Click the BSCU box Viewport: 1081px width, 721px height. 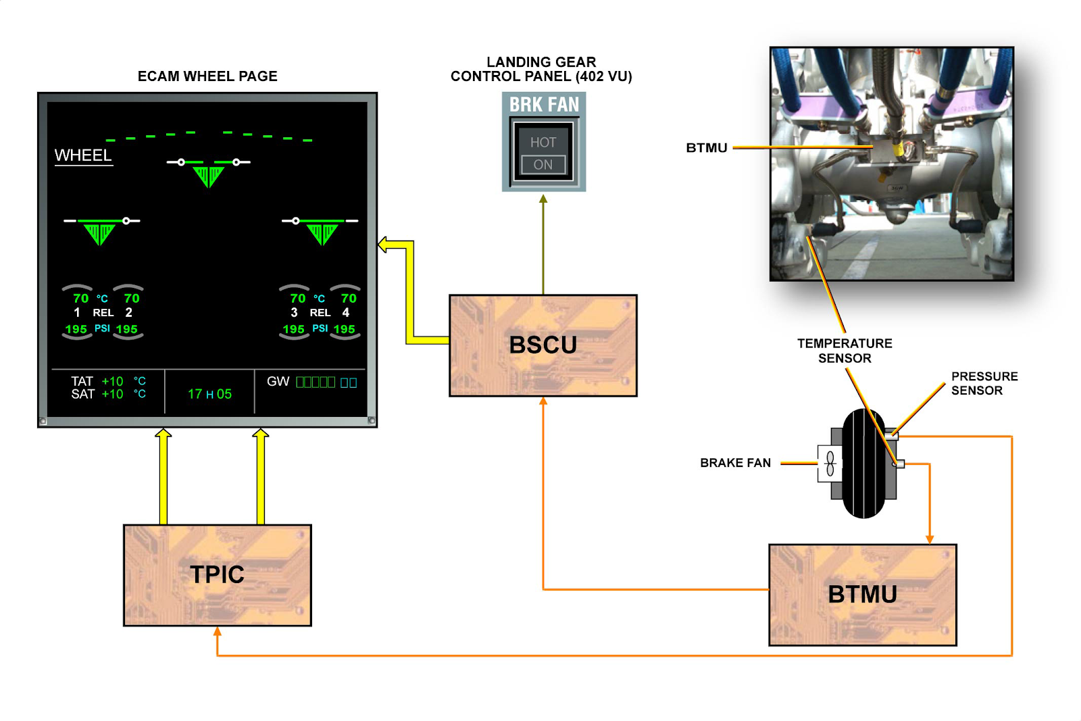543,345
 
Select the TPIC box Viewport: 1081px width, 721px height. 217,575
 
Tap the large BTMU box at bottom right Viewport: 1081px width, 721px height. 862,595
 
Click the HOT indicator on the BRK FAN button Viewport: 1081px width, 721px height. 543,143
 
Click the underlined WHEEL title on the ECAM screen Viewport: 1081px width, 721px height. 84,155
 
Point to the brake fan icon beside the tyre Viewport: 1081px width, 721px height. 830,464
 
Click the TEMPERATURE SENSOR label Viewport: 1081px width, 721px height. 845,351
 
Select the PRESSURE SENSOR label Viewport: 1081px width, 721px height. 984,383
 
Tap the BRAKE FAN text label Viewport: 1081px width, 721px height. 735,463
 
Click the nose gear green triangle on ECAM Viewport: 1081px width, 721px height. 209,176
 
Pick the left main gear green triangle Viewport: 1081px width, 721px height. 99,234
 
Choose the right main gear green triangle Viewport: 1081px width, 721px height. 322,234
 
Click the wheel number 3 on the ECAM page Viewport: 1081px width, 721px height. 294,313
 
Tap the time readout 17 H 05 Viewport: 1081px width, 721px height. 209,394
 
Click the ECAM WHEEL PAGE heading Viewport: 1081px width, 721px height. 207,76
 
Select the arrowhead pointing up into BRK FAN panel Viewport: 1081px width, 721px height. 543,199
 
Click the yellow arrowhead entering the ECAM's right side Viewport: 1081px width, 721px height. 383,245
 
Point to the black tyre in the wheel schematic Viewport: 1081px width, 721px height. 863,464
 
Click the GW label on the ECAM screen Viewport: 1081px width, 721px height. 278,382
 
